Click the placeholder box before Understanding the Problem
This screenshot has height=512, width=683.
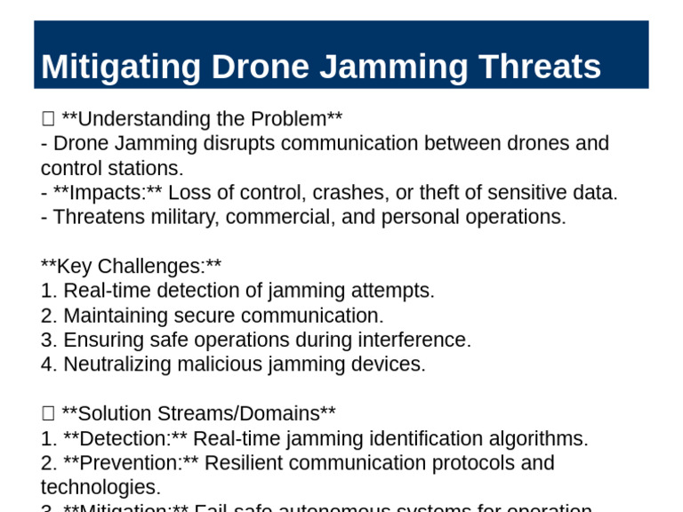[48, 119]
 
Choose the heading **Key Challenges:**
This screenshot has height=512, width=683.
[131, 266]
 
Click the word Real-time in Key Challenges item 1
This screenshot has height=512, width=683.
[100, 291]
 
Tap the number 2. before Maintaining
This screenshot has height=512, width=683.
[48, 316]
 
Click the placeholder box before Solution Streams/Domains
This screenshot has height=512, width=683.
[48, 413]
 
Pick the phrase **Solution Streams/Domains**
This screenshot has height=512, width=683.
[198, 413]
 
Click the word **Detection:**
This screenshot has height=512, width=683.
[125, 438]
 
